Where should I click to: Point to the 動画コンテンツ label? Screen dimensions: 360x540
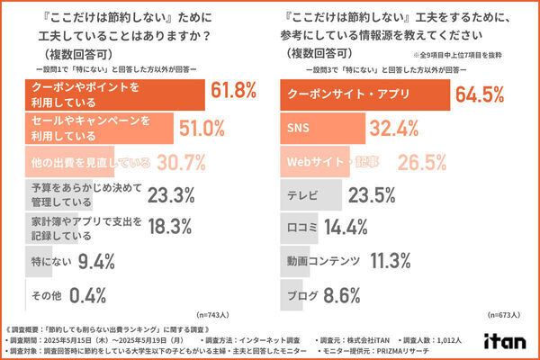tap(323, 262)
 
